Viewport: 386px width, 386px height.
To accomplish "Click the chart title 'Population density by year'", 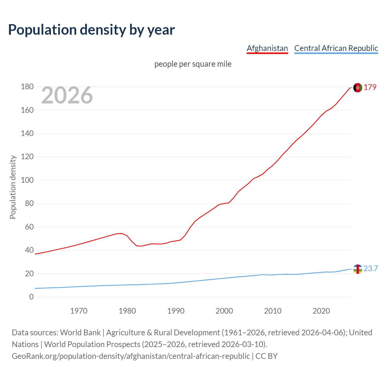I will [91, 30].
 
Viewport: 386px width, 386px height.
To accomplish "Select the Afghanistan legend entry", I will [267, 48].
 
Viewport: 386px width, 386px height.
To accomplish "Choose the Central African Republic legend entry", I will [336, 48].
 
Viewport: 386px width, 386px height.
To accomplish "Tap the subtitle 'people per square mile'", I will [193, 64].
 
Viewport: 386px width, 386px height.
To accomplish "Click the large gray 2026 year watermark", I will [67, 95].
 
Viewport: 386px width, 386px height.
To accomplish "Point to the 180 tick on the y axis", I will [27, 87].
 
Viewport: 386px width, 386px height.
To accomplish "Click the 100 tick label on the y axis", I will [27, 180].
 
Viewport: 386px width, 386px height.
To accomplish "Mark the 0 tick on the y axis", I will [31, 297].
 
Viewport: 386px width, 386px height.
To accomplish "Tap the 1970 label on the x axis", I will [79, 311].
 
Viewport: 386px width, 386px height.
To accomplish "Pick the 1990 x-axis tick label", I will [176, 311].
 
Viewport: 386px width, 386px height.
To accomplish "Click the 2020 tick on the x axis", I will [321, 311].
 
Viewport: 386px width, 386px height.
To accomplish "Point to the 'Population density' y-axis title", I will [13, 187].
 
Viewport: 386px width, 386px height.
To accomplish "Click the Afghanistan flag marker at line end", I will [358, 87].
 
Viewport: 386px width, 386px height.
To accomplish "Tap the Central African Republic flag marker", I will [358, 269].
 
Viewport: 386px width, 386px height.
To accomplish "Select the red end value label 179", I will [370, 87].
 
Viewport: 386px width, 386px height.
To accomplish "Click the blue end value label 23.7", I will [371, 269].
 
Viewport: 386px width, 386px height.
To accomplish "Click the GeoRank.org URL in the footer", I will [131, 356].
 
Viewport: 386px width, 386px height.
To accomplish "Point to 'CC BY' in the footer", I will [266, 356].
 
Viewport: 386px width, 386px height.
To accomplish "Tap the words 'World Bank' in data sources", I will [80, 333].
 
